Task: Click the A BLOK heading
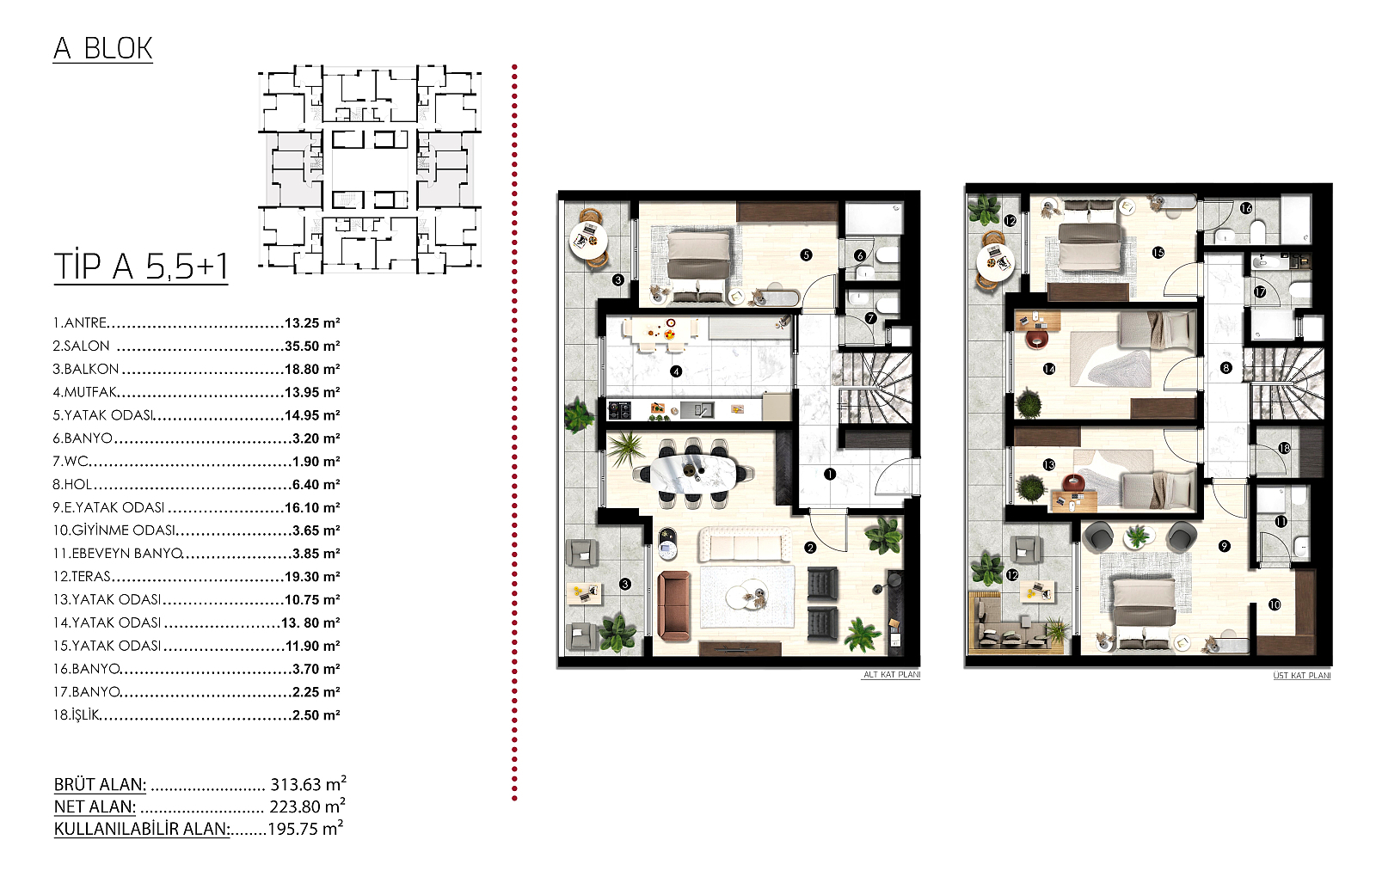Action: [x=102, y=48]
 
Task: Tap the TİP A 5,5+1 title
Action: [x=141, y=267]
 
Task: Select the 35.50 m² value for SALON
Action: [x=312, y=346]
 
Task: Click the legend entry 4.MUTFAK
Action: [x=84, y=392]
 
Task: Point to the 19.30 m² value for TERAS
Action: [x=312, y=577]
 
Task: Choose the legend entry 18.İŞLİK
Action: [x=76, y=715]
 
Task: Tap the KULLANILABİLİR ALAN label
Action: [x=142, y=829]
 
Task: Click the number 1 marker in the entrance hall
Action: [x=830, y=474]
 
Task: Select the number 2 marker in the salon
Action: [x=811, y=548]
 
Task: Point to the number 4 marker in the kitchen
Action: [x=676, y=371]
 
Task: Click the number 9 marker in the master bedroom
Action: [x=1225, y=546]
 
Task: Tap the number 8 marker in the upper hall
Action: [x=1226, y=368]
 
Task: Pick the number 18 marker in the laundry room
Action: [x=1285, y=448]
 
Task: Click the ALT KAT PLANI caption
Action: [x=892, y=675]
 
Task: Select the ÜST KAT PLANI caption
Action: [x=1302, y=675]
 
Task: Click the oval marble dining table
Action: [x=693, y=473]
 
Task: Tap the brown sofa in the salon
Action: [x=674, y=606]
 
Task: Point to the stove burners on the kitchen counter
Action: [x=619, y=410]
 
